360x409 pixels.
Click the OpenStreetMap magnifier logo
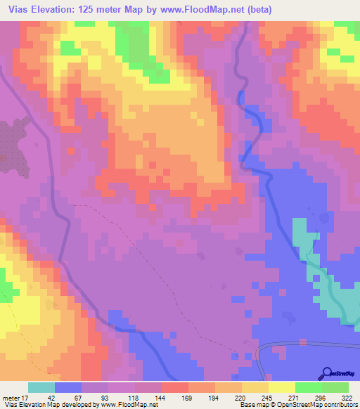[327, 373]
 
